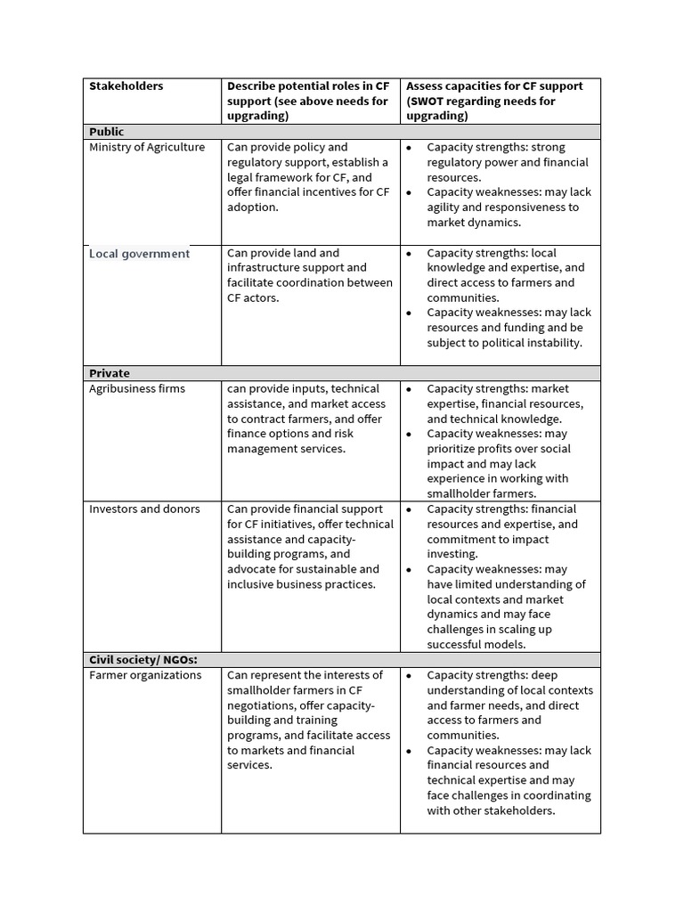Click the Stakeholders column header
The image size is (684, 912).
(x=126, y=86)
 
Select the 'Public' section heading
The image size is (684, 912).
(x=107, y=132)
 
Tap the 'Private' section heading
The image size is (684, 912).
(x=110, y=373)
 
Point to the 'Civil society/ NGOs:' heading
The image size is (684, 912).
(x=143, y=660)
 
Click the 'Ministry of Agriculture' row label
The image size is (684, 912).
(x=147, y=147)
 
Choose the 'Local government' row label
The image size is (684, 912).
(x=139, y=254)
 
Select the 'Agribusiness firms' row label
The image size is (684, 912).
(x=137, y=389)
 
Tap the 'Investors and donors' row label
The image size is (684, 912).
(x=144, y=509)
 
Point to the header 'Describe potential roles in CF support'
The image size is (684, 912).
(x=307, y=94)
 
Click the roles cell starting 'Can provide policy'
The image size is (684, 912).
(x=308, y=176)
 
